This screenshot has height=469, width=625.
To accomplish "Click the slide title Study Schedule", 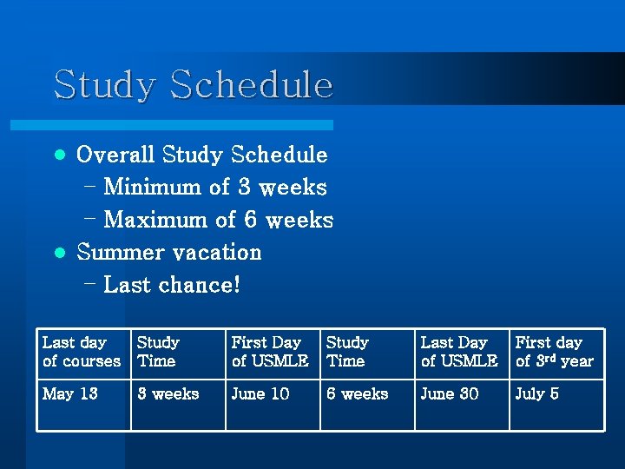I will (193, 85).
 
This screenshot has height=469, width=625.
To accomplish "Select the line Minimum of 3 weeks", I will (214, 188).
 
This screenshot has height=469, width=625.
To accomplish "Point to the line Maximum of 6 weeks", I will (218, 220).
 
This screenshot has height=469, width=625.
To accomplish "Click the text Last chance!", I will (171, 285).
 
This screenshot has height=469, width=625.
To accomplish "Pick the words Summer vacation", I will (169, 253).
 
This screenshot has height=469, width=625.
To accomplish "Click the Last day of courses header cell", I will (82, 352).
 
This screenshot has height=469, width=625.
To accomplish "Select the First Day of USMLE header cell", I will (270, 352).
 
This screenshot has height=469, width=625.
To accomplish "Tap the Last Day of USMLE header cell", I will (459, 352).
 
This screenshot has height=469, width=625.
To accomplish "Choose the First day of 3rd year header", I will (555, 352).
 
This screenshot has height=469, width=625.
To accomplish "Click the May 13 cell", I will (70, 394).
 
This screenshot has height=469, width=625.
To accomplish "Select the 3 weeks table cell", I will (168, 394).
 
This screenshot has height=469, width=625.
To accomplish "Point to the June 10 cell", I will (260, 394).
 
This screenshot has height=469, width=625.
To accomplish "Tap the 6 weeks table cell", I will (358, 394).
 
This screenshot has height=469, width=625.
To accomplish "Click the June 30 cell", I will (450, 394).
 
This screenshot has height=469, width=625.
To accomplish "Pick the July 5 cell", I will (537, 394).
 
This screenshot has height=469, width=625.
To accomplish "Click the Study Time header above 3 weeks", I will (158, 352).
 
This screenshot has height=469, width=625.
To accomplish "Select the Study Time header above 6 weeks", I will (347, 352).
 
